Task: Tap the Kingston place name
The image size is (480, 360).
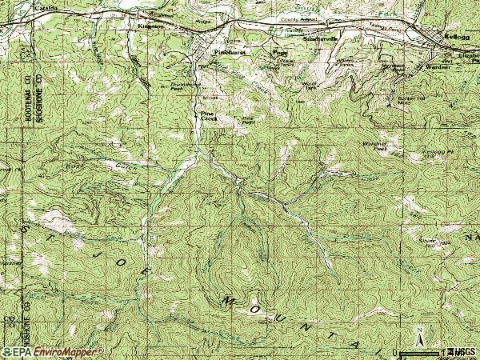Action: (x=151, y=25)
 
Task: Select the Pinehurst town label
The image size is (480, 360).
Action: (x=230, y=51)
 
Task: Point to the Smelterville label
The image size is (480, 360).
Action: (x=322, y=37)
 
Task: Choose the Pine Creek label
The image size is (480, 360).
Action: (x=208, y=116)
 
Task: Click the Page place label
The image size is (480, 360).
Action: (x=280, y=54)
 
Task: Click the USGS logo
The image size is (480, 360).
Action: (x=462, y=352)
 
